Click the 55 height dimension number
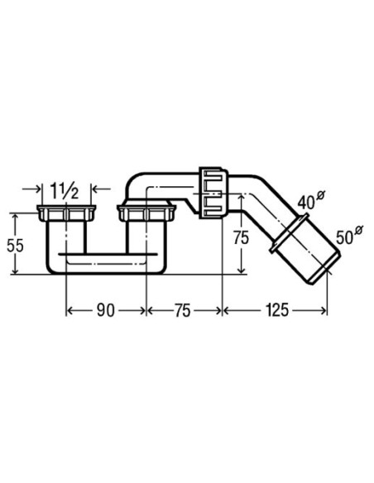coord(15,246)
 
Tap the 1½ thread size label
coord(65,192)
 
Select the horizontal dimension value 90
coord(105,310)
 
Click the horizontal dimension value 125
coord(276,310)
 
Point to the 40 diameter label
coord(311,200)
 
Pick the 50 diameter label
coord(350,236)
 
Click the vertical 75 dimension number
coord(241,238)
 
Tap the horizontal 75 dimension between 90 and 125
coord(183,310)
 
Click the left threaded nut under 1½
coord(66,213)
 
